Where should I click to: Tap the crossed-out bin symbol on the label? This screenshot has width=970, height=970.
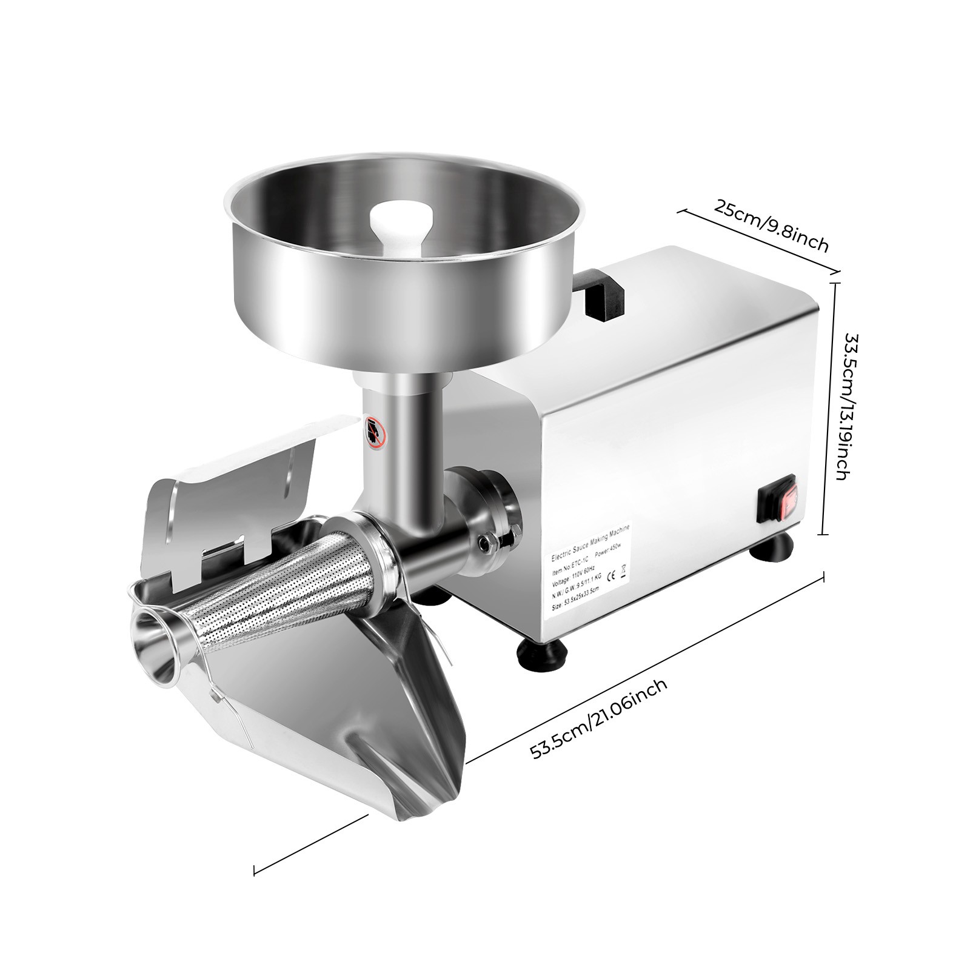624,570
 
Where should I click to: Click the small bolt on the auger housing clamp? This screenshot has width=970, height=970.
486,541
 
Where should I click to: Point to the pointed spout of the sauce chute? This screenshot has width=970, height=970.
405,812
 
